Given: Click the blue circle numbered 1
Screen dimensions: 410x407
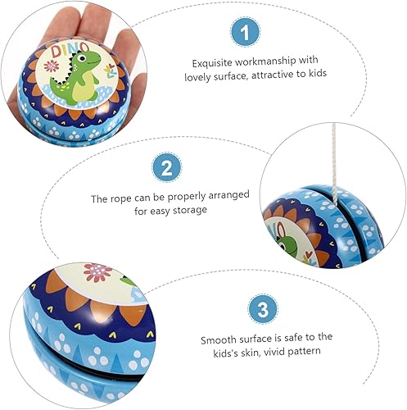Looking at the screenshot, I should (x=242, y=33).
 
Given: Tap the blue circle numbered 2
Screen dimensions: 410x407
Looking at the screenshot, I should (x=166, y=169).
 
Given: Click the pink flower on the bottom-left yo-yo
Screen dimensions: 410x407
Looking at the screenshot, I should (x=97, y=271).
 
